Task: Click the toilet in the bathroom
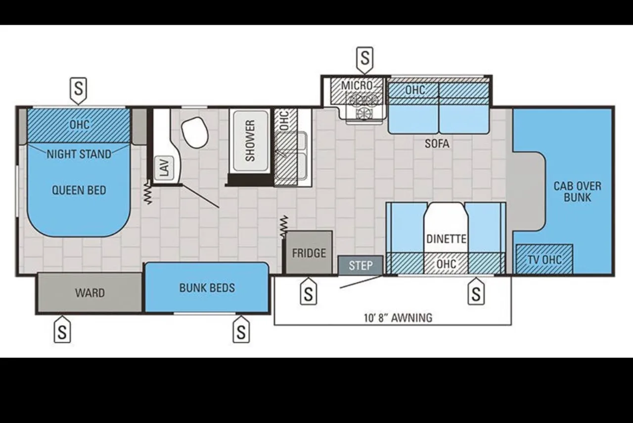coord(195,132)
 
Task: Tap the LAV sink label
coord(165,167)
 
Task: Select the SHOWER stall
coord(250,141)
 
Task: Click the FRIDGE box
coord(309,253)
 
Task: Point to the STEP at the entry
coord(361,265)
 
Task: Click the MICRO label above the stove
coord(357,85)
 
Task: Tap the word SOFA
coord(437,144)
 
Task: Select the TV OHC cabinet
coord(544,259)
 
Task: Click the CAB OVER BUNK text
coord(577,192)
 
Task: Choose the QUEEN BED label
coord(79,190)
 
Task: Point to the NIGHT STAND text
coord(79,155)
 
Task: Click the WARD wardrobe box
coord(90,293)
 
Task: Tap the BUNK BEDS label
coord(207,288)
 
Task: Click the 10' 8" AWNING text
coord(398,317)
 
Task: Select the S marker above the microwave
coord(365,60)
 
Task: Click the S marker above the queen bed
coord(78,91)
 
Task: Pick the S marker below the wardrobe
coord(62,329)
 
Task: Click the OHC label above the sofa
coord(415,90)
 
